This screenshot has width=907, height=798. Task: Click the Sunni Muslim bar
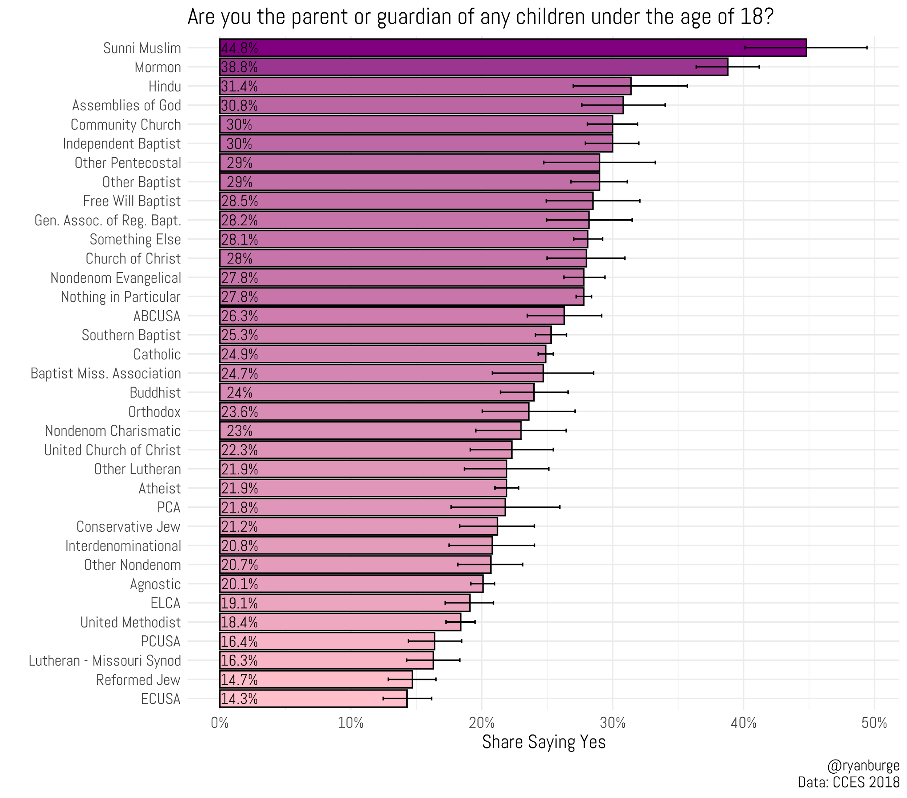513,48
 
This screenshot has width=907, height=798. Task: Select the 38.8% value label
239,67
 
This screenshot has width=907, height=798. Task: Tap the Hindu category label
165,86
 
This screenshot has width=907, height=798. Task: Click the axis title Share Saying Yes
543,742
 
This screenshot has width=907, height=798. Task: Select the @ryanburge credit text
863,766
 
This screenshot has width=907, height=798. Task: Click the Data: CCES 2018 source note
849,782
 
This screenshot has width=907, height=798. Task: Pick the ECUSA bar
313,699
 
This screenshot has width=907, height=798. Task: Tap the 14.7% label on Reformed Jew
239,679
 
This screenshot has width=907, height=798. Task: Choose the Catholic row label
157,354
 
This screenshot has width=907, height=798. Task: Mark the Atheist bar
363,488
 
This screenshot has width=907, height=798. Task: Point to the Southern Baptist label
131,335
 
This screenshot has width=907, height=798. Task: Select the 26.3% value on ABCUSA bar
239,316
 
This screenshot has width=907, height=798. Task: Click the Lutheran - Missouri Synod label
105,660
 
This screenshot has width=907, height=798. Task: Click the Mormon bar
473,67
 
